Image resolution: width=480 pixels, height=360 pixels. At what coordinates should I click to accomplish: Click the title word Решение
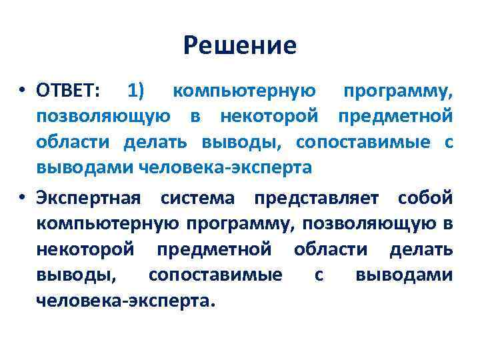[x=240, y=45]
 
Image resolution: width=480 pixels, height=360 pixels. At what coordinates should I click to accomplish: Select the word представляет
[x=317, y=199]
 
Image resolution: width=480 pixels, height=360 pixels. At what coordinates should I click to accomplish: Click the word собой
[x=425, y=198]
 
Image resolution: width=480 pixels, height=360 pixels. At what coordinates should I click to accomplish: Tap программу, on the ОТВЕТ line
[x=398, y=91]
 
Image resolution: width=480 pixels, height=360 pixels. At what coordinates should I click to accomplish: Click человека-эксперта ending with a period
[x=126, y=301]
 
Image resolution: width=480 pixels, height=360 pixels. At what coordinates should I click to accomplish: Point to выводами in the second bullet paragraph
[x=404, y=275]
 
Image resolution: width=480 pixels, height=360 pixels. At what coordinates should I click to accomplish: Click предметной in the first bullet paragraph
[x=395, y=116]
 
